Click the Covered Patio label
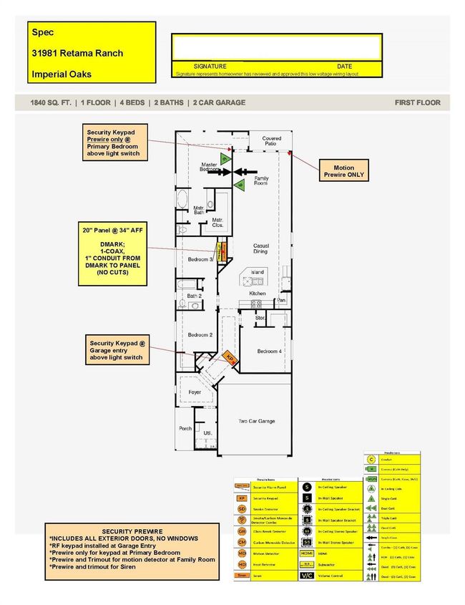271,141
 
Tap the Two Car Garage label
256,421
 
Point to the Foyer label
195,392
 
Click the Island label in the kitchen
256,272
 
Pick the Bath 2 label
195,296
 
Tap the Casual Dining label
261,248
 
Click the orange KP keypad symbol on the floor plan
230,356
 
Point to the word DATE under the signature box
345,66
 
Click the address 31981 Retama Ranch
77,53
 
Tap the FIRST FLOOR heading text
417,102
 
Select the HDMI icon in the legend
306,553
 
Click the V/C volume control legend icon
306,575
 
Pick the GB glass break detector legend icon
243,533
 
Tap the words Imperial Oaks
62,74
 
